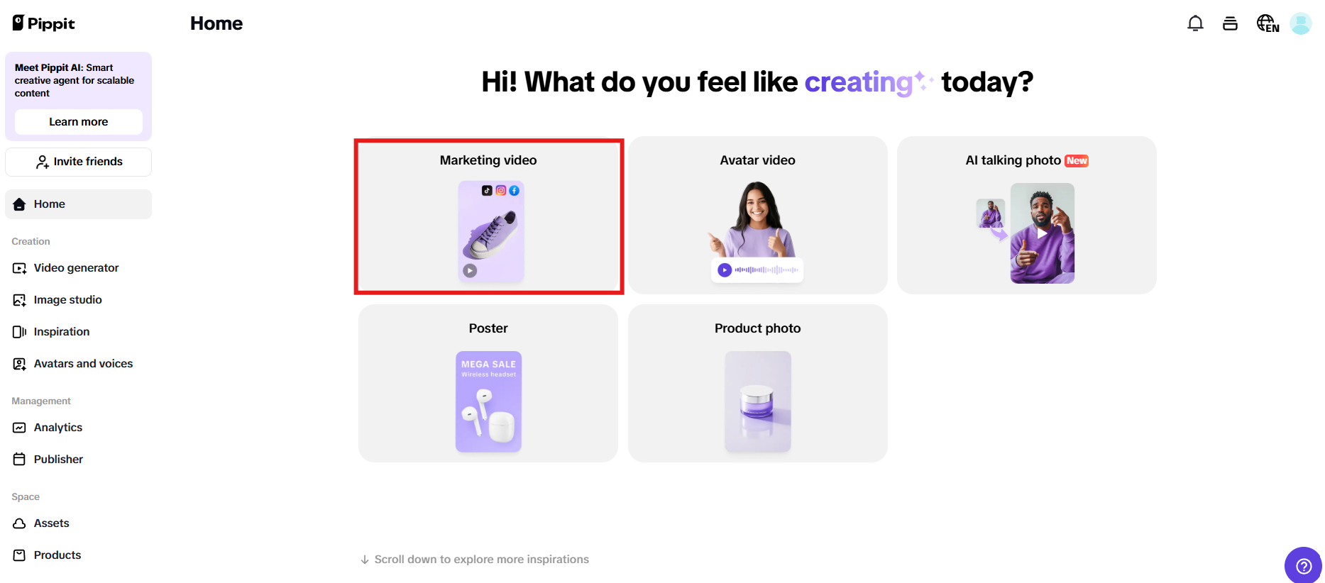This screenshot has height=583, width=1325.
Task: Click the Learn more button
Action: tap(78, 122)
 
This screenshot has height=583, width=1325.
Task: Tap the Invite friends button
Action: tap(78, 162)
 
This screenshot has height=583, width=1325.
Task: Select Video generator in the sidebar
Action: tap(76, 268)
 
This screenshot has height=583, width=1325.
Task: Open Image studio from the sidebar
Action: tap(67, 300)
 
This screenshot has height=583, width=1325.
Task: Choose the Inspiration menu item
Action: tap(61, 332)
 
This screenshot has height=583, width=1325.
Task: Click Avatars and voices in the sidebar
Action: tap(83, 364)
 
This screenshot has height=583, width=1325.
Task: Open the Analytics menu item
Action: tap(57, 428)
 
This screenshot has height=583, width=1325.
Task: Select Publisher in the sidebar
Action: tap(58, 460)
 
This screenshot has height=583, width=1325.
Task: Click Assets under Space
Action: tap(51, 523)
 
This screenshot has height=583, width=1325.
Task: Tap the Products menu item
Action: tap(57, 555)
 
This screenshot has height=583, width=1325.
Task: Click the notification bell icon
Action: tap(1195, 23)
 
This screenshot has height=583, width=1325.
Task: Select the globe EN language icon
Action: tap(1268, 23)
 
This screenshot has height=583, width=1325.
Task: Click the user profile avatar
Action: tap(1300, 23)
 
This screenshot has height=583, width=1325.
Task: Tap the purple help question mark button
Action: tap(1303, 565)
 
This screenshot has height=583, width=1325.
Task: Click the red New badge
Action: tap(1077, 161)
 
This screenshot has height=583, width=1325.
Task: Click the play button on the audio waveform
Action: tap(725, 270)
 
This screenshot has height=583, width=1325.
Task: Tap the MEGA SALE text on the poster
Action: tap(488, 365)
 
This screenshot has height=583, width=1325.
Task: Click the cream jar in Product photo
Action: tap(757, 402)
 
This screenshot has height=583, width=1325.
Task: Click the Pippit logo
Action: tap(44, 23)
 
